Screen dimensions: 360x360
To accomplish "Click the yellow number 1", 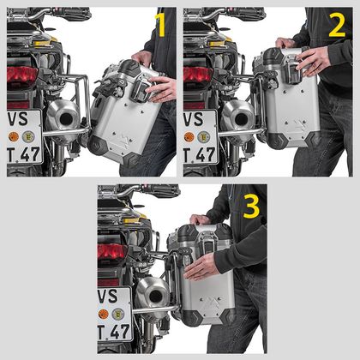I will pyautogui.click(x=159, y=25).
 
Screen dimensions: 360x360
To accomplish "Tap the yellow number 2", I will pyautogui.click(x=336, y=25).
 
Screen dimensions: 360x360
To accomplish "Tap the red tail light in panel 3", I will pyautogui.click(x=112, y=253).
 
